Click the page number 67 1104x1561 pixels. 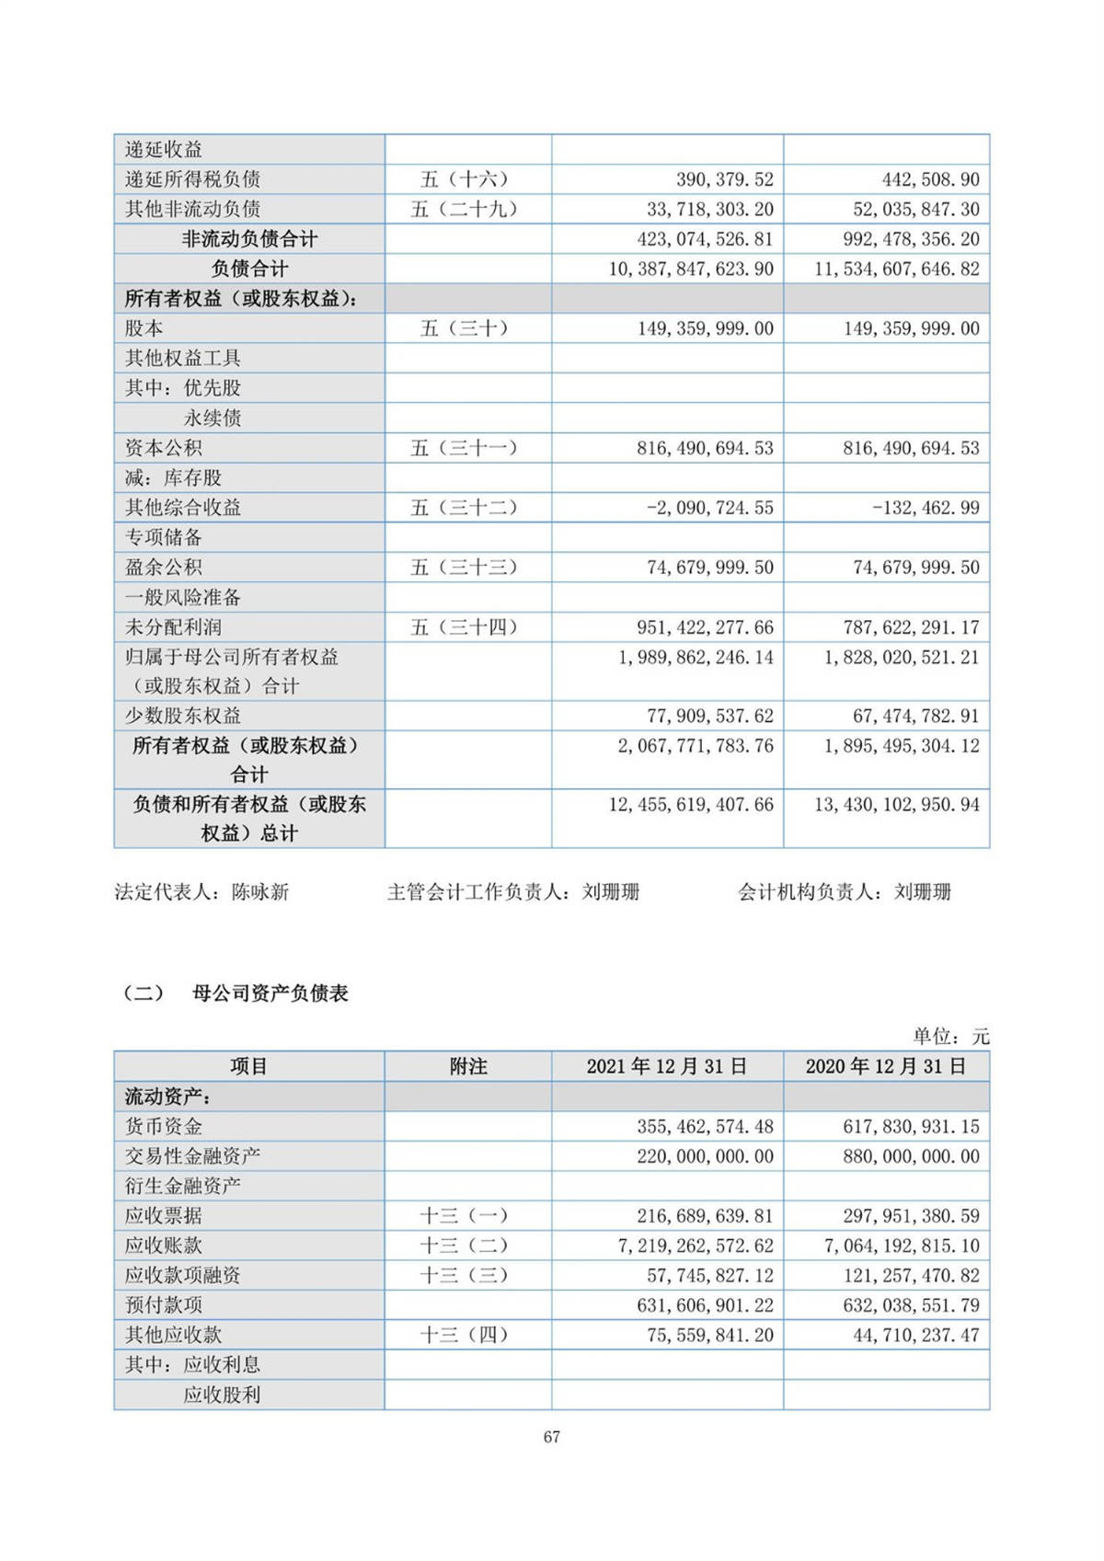[x=552, y=1437]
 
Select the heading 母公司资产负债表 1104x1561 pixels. [x=270, y=993]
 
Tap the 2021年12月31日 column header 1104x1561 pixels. [x=667, y=1066]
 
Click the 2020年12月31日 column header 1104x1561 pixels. [x=886, y=1066]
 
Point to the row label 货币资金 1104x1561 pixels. [x=164, y=1126]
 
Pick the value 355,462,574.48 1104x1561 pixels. [x=705, y=1126]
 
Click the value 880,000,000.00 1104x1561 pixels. [x=911, y=1156]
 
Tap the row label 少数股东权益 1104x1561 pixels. [x=183, y=716]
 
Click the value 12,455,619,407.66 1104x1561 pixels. [x=691, y=805]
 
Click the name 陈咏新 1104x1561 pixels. [x=260, y=891]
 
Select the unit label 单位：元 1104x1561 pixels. [x=950, y=1037]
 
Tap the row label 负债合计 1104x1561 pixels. [x=249, y=269]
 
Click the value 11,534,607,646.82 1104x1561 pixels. [x=897, y=269]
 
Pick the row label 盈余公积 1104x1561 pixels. [x=164, y=568]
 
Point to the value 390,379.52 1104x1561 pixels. [x=725, y=179]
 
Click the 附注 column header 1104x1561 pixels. [x=468, y=1066]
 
